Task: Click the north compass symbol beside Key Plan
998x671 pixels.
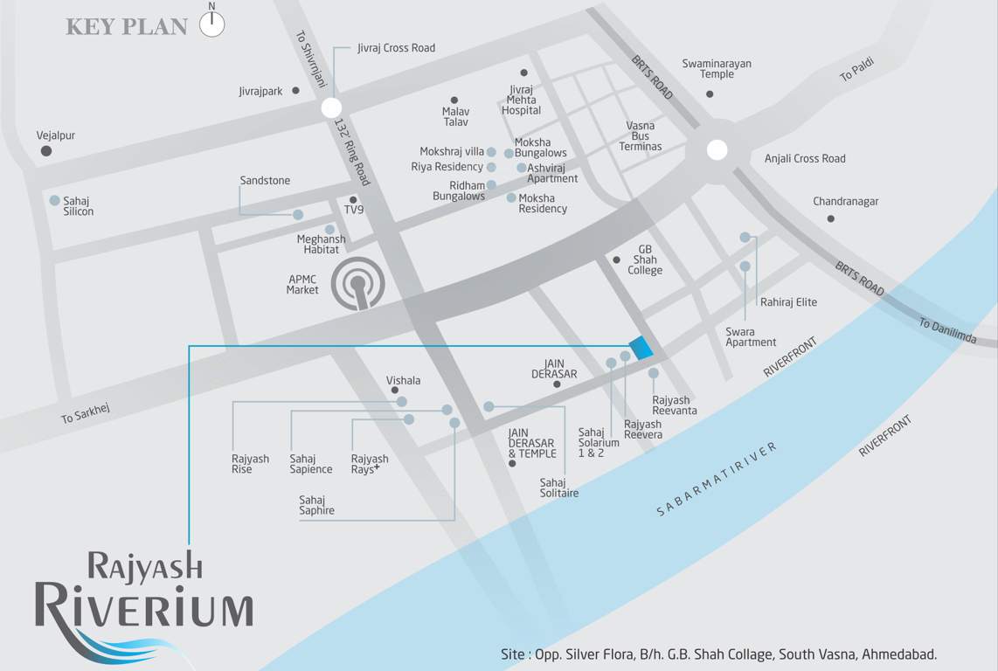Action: [212, 24]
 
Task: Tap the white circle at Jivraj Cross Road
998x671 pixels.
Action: [331, 108]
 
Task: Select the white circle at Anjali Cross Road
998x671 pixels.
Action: [717, 150]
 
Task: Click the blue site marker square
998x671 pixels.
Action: [641, 347]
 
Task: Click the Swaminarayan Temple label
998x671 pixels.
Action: [717, 69]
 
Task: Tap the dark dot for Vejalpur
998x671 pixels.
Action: [46, 151]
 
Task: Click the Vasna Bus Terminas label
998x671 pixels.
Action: [641, 136]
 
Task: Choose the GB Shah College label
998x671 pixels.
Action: [645, 259]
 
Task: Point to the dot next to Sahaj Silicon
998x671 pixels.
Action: [55, 200]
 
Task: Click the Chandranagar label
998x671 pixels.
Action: [845, 202]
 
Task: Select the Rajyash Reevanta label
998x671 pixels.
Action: [675, 405]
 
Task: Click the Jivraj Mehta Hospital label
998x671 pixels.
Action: [521, 100]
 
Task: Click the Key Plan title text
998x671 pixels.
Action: [127, 27]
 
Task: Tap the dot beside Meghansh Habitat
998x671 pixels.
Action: [329, 230]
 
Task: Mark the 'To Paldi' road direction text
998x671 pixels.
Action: [856, 71]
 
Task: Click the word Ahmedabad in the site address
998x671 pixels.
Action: [901, 654]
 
